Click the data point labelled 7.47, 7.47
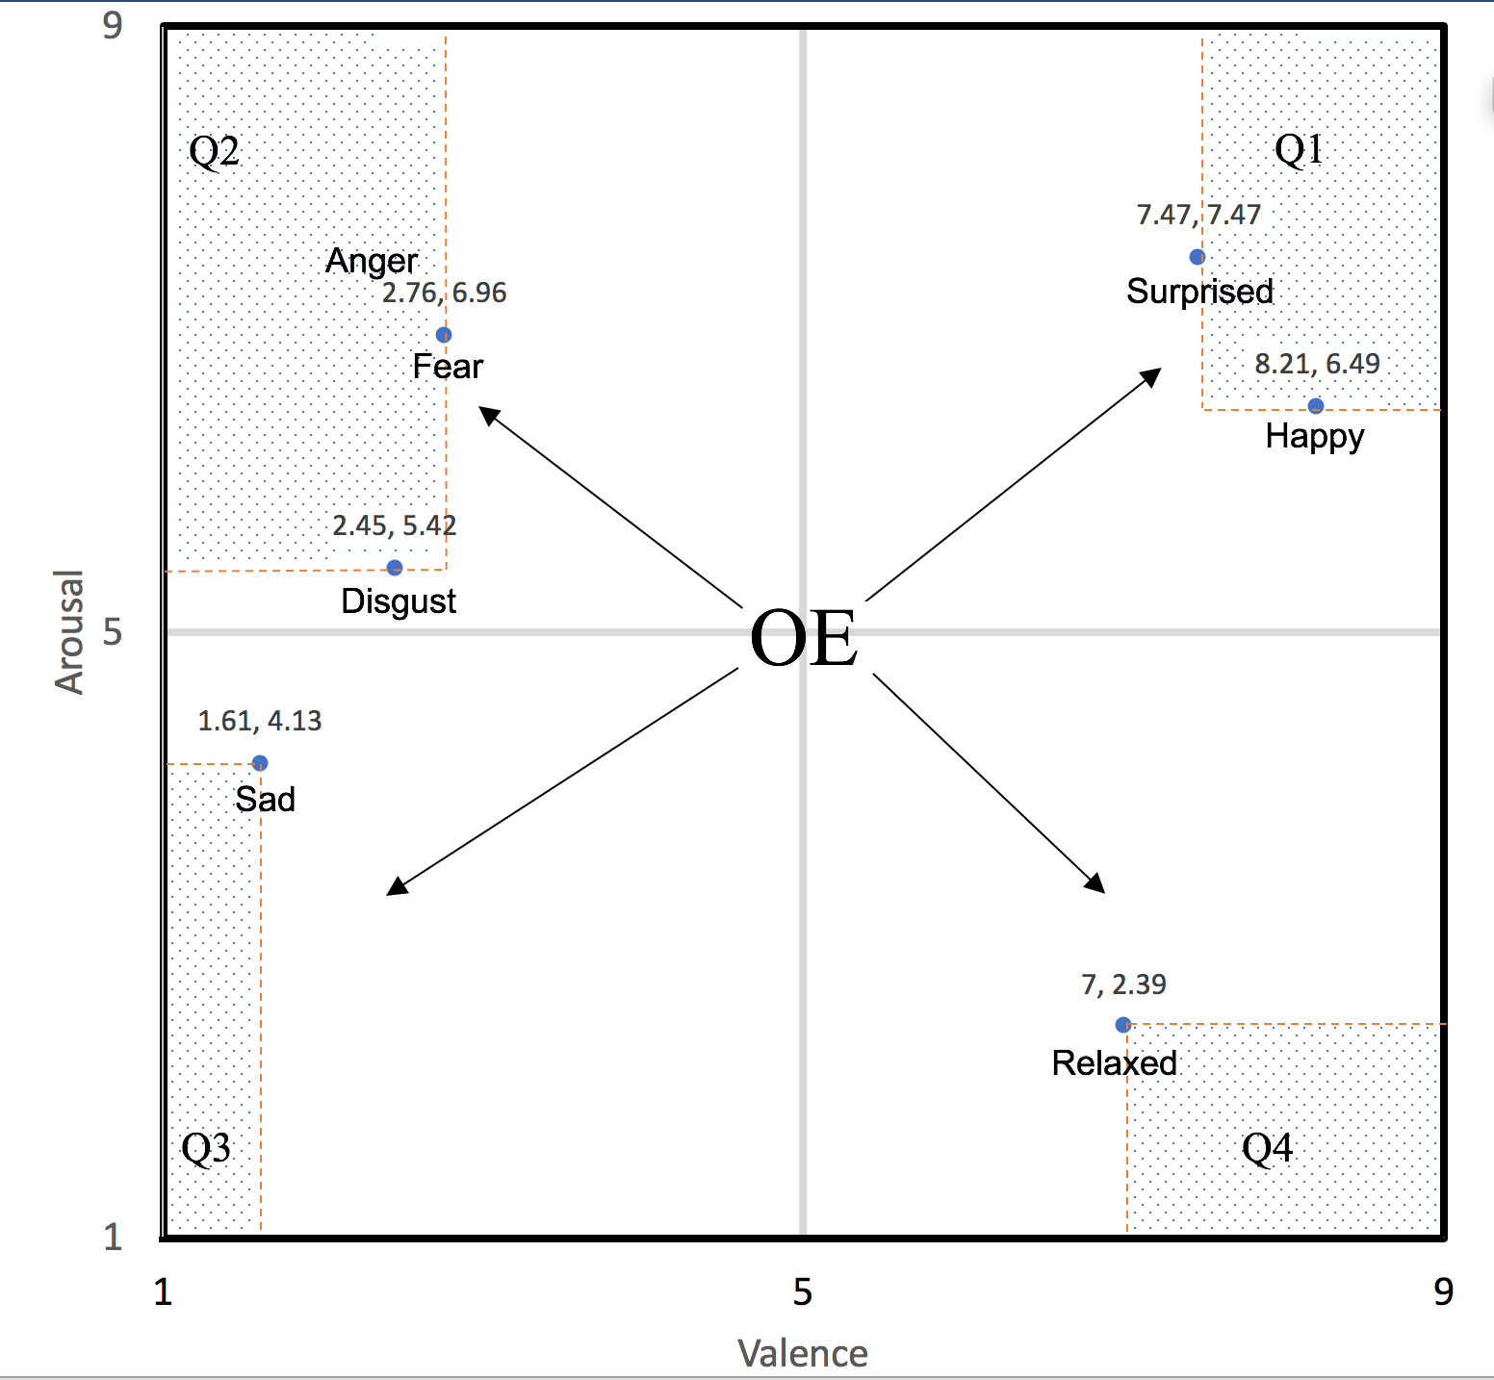[1197, 257]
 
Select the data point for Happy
[1315, 406]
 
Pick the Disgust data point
[395, 568]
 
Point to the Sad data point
[260, 763]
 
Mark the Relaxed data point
[1122, 1025]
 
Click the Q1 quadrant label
[1299, 150]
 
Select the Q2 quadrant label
[214, 152]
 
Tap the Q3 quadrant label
[206, 1148]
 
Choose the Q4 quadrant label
[1267, 1148]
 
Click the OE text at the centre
[803, 639]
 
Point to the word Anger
[372, 261]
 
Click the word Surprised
[1199, 292]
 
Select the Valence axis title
[803, 1353]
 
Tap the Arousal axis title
[69, 631]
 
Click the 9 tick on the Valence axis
[1442, 1291]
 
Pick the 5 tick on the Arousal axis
[113, 631]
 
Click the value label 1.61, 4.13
[260, 721]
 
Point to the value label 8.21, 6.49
[1317, 364]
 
